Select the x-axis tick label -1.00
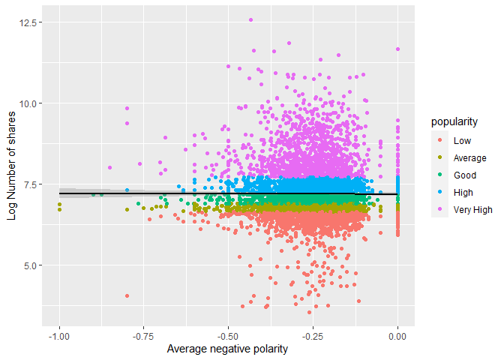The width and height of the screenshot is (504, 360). [58, 336]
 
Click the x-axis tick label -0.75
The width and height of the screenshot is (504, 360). [143, 336]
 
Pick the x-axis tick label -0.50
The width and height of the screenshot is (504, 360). [228, 336]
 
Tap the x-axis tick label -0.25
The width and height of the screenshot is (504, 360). [313, 336]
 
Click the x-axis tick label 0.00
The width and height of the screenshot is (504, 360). [397, 336]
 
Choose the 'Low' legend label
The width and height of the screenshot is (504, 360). [462, 140]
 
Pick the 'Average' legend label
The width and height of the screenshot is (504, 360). [469, 158]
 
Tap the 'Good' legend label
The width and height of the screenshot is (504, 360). [464, 175]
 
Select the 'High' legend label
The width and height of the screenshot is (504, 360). [463, 193]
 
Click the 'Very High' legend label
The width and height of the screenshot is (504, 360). [472, 210]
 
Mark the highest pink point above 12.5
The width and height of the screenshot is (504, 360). [250, 19]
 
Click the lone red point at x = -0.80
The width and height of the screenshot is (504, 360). [127, 296]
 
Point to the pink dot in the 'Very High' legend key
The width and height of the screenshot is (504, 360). [439, 210]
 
